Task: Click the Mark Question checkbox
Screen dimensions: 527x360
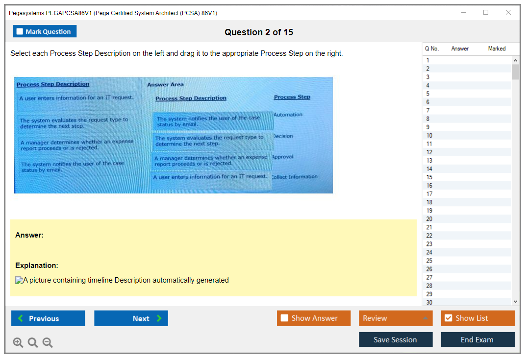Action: click(x=20, y=31)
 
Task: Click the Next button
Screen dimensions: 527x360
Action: click(x=131, y=318)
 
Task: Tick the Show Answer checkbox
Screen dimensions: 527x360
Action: click(x=284, y=318)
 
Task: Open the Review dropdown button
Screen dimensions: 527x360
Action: click(x=396, y=318)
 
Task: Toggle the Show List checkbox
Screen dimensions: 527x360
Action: click(x=449, y=318)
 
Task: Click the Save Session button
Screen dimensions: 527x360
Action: click(x=396, y=339)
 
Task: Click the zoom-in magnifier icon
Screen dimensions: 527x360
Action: click(x=18, y=342)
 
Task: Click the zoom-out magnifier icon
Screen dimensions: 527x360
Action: click(x=48, y=342)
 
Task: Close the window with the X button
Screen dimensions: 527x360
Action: click(x=508, y=12)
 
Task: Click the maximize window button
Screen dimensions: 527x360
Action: click(x=486, y=12)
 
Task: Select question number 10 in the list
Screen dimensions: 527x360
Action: click(x=429, y=135)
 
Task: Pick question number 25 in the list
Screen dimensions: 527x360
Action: click(x=429, y=261)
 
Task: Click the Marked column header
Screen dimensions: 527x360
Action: click(x=497, y=48)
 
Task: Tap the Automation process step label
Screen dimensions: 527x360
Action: click(x=288, y=115)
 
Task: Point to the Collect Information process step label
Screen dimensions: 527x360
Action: click(x=295, y=177)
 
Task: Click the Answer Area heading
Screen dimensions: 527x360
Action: click(x=165, y=85)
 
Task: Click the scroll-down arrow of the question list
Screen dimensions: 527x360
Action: click(x=516, y=302)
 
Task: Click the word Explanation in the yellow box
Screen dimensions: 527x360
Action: click(x=37, y=265)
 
